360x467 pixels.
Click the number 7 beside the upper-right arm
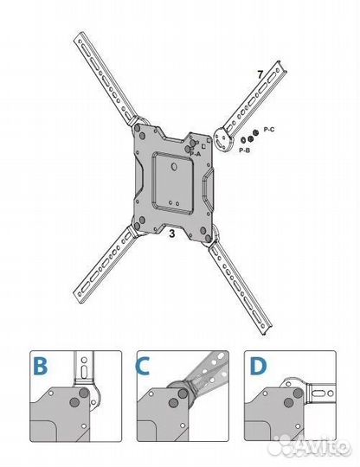click(x=260, y=74)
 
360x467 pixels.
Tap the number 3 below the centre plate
click(x=172, y=233)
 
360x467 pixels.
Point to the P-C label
click(x=269, y=129)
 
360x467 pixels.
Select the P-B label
click(x=244, y=150)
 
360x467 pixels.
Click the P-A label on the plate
click(x=196, y=154)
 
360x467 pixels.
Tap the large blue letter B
click(x=40, y=366)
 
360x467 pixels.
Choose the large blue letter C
click(x=143, y=366)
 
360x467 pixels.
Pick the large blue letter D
click(x=258, y=366)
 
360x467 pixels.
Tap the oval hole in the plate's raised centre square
click(x=174, y=167)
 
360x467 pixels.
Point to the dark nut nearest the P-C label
click(x=255, y=132)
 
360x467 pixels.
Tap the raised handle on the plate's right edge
click(x=209, y=187)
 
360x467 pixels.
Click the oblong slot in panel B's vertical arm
click(x=84, y=372)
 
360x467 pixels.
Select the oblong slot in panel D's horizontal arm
click(x=318, y=393)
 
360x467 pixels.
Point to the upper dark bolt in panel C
click(x=183, y=393)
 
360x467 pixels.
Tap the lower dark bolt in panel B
click(x=74, y=403)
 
